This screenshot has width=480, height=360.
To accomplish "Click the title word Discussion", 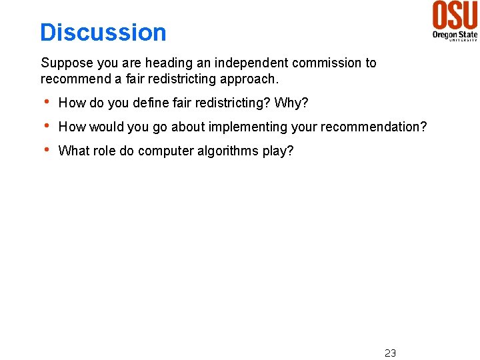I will pyautogui.click(x=103, y=32).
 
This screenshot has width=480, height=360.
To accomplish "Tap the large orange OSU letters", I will pyautogui.click(x=455, y=15).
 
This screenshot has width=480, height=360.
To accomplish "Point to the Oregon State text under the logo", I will pyautogui.click(x=455, y=33).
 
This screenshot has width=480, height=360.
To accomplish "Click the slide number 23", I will pyautogui.click(x=390, y=353).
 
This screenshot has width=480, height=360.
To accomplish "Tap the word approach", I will pyautogui.click(x=251, y=79).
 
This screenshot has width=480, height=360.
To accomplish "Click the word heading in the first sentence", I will pyautogui.click(x=168, y=63).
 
